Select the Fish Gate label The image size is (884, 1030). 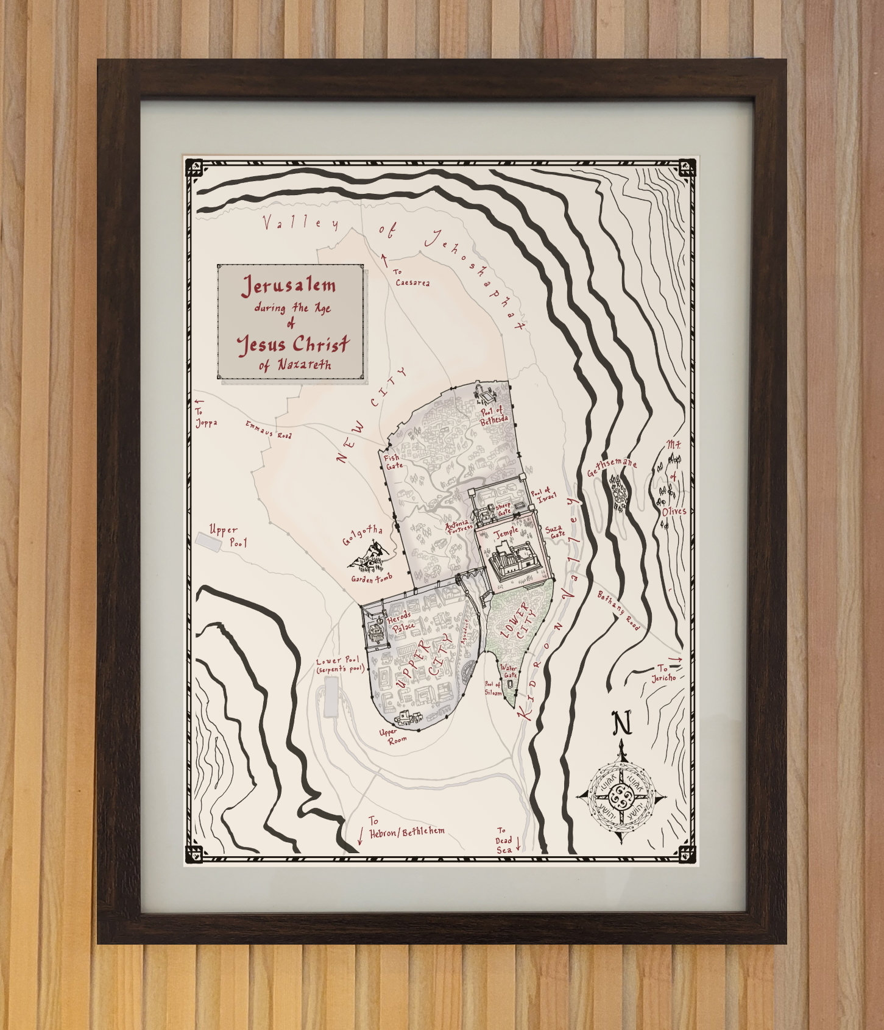tap(392, 462)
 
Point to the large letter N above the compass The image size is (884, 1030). tap(621, 724)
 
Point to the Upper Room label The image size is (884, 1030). tap(388, 736)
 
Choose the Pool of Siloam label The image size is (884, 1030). tap(493, 688)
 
